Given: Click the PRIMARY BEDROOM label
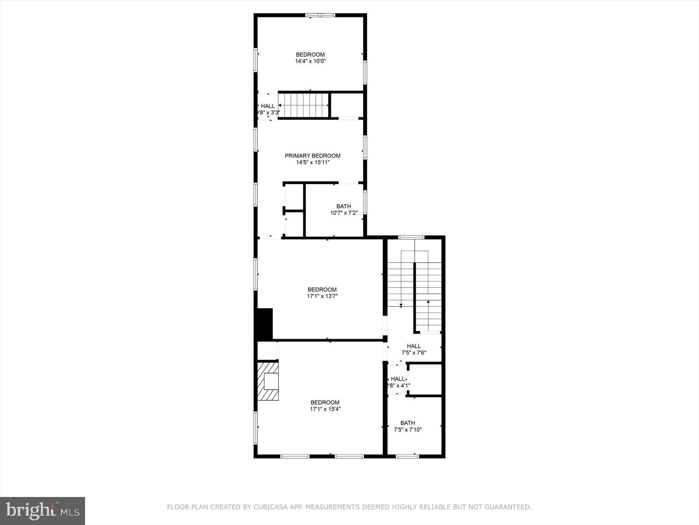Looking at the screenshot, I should click(x=313, y=156).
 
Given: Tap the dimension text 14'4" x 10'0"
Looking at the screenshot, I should click(x=310, y=61).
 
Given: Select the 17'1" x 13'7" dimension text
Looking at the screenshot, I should click(x=322, y=296).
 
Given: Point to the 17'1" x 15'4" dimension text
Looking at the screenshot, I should click(x=325, y=409).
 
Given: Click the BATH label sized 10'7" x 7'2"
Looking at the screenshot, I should click(x=344, y=206).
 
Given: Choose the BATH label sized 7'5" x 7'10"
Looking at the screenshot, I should click(x=408, y=423).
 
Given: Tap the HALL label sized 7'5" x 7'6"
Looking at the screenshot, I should click(x=414, y=346).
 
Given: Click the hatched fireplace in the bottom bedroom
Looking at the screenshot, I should click(x=268, y=381).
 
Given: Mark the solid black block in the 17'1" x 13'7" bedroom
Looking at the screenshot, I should click(x=264, y=324).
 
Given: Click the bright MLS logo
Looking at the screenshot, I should click(x=42, y=511).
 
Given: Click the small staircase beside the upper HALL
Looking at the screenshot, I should click(x=304, y=105).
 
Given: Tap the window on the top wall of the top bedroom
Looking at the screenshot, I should click(x=320, y=16).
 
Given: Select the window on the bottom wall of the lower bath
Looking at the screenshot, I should click(x=407, y=456).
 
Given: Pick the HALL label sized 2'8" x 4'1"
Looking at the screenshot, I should click(x=398, y=379).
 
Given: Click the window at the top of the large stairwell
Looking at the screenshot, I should click(x=411, y=237).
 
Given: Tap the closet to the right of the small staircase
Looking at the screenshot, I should click(x=346, y=105).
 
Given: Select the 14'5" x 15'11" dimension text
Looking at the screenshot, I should click(x=313, y=162).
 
